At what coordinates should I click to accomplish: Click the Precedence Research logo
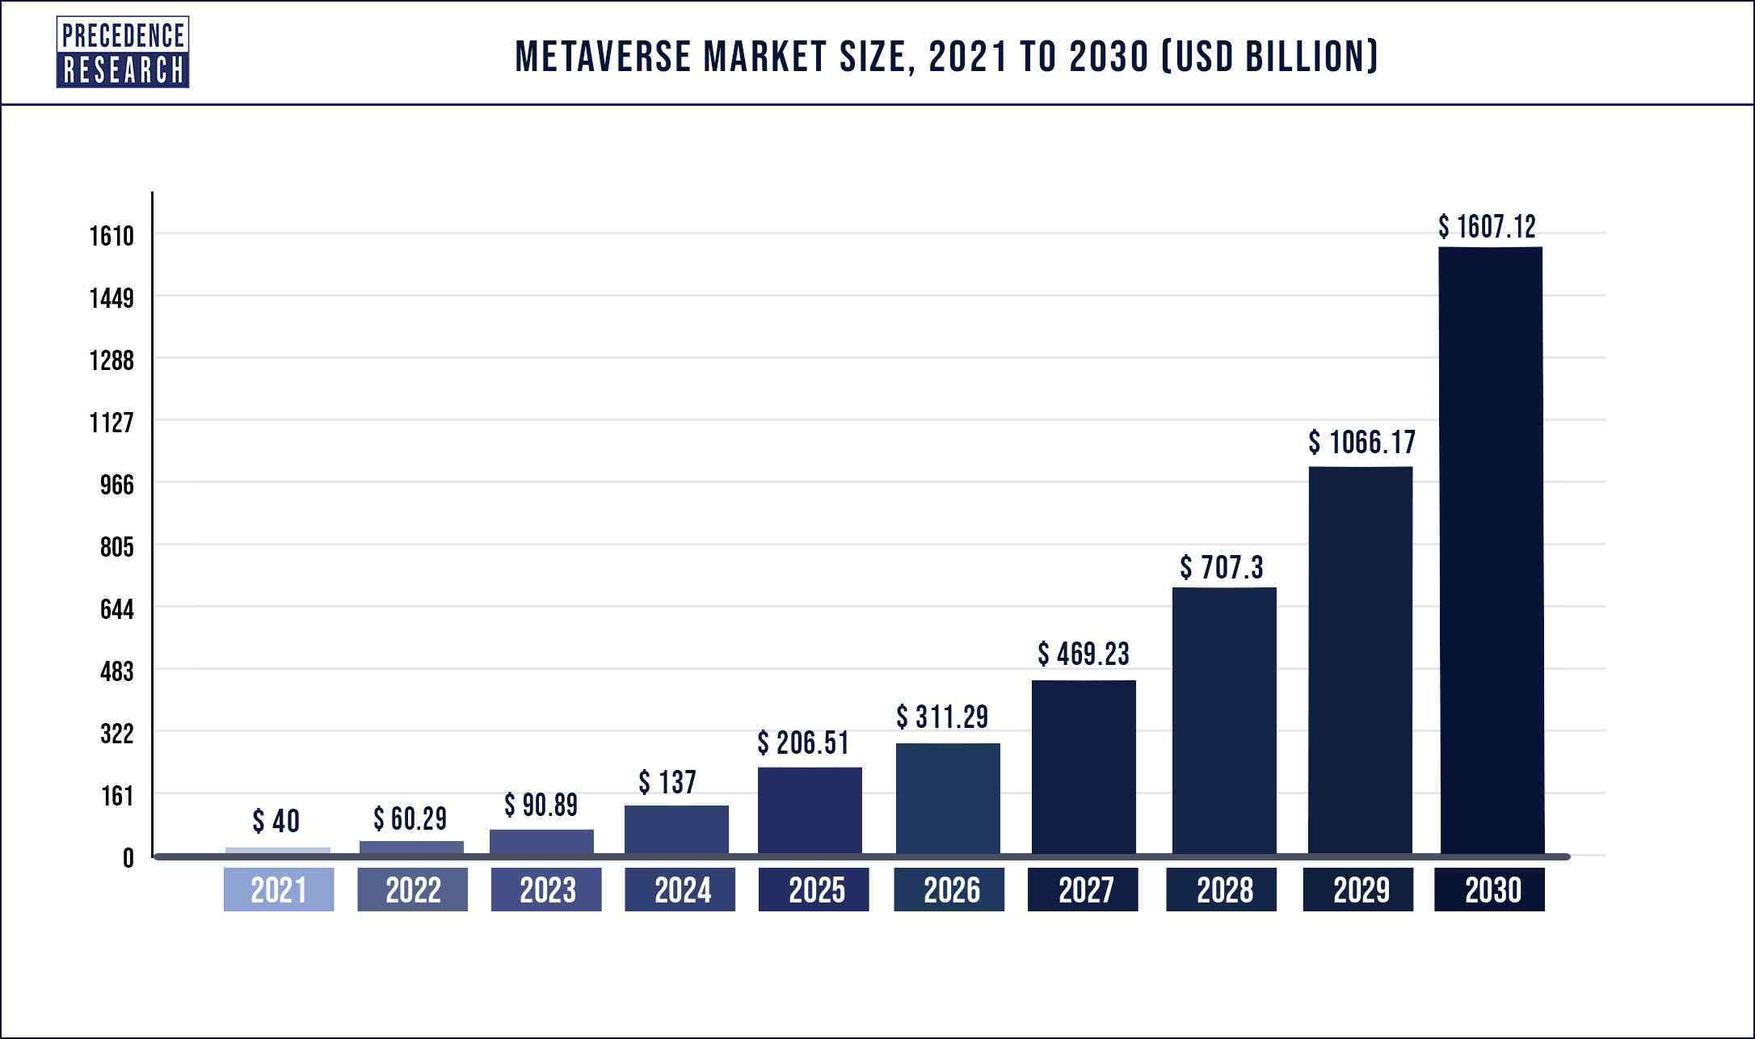click(123, 53)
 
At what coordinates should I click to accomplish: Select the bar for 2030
click(1491, 549)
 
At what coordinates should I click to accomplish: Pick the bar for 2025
click(810, 810)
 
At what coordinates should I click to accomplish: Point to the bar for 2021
click(278, 850)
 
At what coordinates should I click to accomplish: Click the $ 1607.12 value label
click(1487, 227)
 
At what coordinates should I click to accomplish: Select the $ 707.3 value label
click(1221, 568)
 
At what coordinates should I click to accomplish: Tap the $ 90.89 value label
click(541, 805)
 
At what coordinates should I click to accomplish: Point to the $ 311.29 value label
click(941, 717)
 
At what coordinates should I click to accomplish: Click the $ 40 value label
click(276, 822)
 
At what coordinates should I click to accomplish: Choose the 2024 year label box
click(680, 890)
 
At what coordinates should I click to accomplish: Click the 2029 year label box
click(1358, 890)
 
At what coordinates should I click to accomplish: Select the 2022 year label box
click(412, 890)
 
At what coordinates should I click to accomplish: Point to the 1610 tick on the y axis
click(111, 236)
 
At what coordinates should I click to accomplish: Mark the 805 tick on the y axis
click(116, 547)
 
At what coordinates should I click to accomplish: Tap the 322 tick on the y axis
click(116, 734)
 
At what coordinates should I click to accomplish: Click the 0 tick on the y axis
click(128, 858)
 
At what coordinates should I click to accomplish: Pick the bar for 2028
click(1224, 719)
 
